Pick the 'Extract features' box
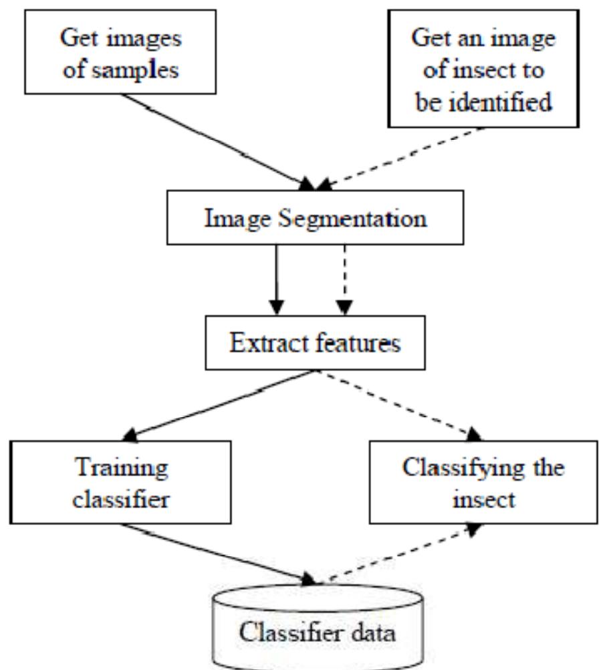[x=316, y=343]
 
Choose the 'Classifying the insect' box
[x=483, y=483]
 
